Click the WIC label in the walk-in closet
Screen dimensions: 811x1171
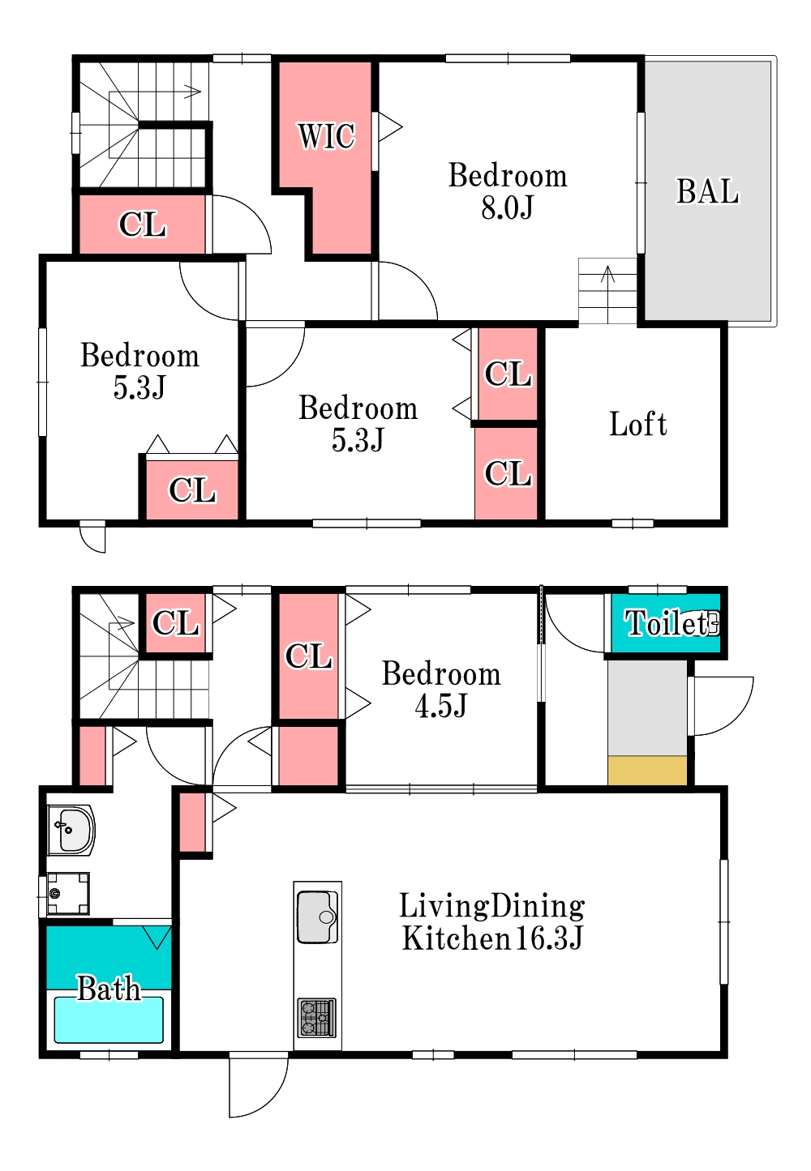click(327, 136)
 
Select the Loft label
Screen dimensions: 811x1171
click(637, 424)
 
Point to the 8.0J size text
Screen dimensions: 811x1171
click(507, 207)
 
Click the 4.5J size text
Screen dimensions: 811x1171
click(440, 706)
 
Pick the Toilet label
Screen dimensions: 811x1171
click(666, 623)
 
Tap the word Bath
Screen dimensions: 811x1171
click(109, 988)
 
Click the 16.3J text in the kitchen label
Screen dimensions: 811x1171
click(549, 938)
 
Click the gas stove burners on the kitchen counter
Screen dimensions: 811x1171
click(316, 1018)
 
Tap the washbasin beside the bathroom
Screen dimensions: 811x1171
click(71, 830)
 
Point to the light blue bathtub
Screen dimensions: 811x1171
click(109, 1020)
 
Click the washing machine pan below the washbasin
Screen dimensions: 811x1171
click(68, 894)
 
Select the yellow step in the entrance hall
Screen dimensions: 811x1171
click(647, 770)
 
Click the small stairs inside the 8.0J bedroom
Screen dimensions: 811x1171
click(607, 291)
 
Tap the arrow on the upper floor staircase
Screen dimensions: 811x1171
click(191, 92)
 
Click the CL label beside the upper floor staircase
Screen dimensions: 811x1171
click(142, 224)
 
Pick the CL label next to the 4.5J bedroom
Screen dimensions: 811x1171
click(309, 656)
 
